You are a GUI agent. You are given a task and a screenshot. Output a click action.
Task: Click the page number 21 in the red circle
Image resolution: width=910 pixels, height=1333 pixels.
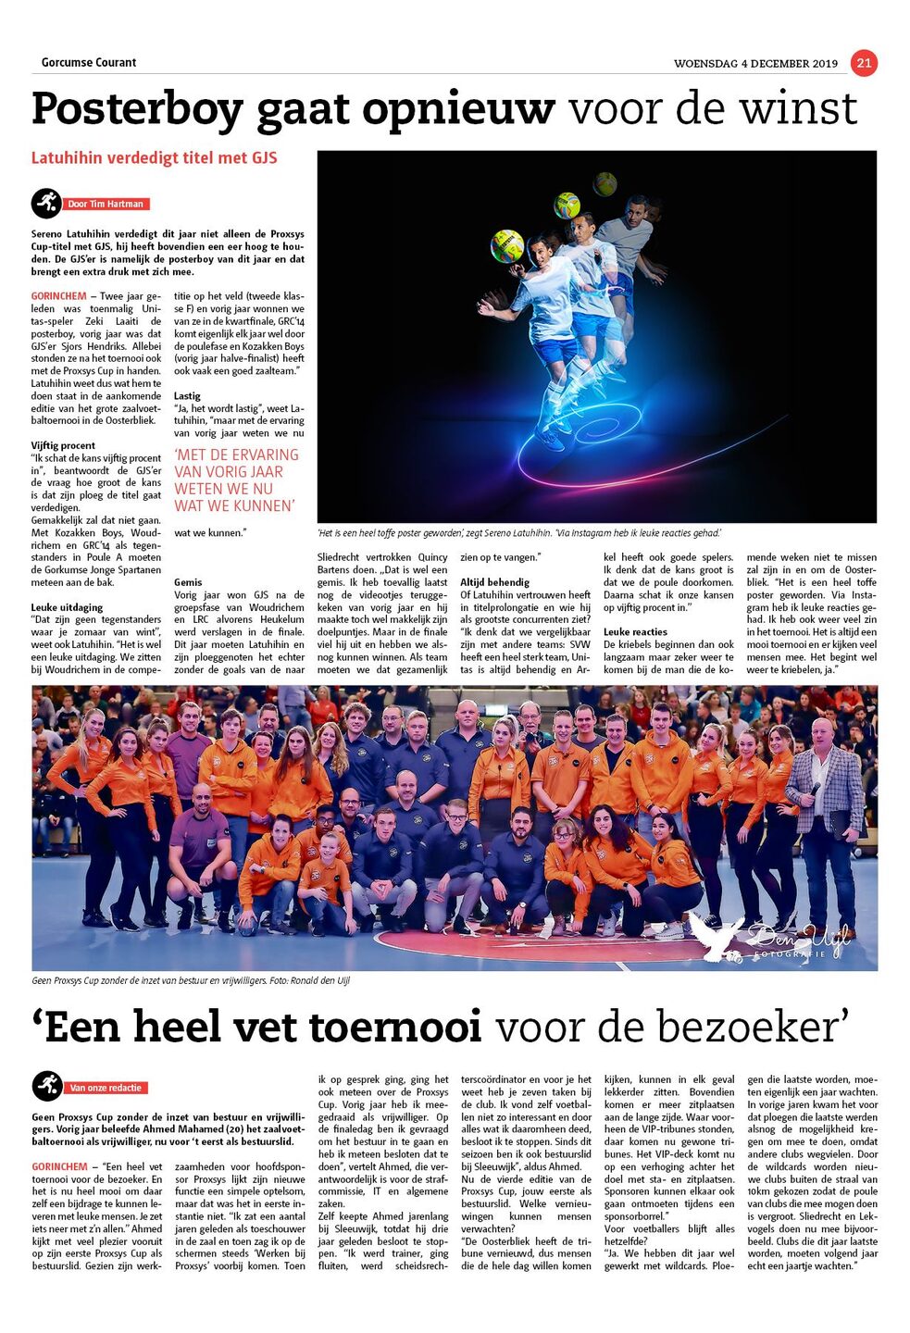[863, 63]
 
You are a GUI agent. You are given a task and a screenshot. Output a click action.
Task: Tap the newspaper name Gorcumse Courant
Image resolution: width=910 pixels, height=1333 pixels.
[89, 63]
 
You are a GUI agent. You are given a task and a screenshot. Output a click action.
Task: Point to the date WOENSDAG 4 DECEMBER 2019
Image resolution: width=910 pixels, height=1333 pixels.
[755, 64]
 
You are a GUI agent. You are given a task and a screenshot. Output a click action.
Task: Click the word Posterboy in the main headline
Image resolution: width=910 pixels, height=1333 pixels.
[137, 109]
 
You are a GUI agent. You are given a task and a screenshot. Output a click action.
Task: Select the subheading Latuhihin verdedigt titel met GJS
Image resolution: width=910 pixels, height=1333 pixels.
[155, 158]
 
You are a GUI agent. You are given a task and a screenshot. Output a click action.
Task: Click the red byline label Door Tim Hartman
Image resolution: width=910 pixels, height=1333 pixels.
[106, 204]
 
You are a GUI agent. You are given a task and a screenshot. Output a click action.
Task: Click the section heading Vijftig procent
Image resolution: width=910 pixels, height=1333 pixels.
[63, 445]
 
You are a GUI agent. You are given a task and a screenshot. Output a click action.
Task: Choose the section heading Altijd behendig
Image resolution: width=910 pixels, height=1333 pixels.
[494, 582]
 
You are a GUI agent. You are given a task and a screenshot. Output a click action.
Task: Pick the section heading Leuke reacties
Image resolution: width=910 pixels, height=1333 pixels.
[635, 632]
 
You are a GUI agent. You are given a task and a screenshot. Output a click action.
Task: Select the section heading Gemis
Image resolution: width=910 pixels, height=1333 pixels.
[188, 582]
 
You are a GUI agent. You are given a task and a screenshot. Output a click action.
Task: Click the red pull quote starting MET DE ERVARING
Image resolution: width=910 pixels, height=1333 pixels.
[236, 480]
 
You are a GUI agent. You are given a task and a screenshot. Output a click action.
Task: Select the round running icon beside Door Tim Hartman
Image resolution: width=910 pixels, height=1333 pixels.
[46, 203]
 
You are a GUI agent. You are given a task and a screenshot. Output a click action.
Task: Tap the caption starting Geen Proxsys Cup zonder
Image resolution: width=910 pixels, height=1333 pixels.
[191, 980]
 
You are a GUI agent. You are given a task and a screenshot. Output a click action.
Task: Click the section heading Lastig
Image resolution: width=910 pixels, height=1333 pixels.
[187, 395]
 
